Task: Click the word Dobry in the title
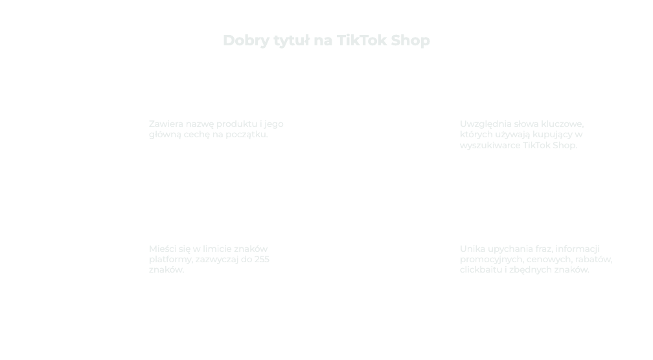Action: point(246,41)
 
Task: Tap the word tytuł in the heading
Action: point(292,41)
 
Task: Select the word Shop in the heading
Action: point(410,41)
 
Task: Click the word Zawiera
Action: point(166,124)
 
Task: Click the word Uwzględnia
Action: point(486,124)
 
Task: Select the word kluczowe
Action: point(562,124)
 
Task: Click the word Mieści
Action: point(164,249)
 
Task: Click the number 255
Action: point(262,259)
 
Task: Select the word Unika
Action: point(473,249)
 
